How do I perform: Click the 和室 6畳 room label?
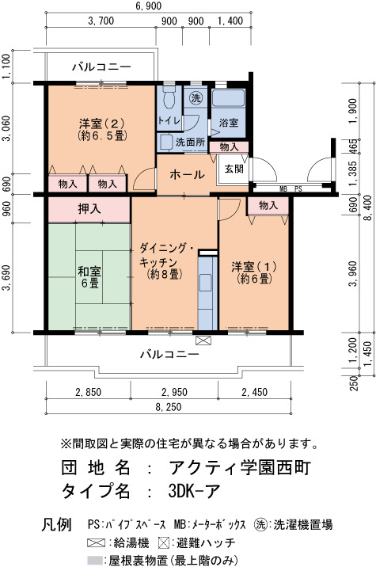[89, 277]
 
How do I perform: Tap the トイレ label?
[169, 120]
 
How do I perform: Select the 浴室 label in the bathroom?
[229, 123]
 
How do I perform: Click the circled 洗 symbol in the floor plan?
[196, 97]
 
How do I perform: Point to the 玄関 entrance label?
[234, 169]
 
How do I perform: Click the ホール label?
[187, 175]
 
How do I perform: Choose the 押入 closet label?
[89, 209]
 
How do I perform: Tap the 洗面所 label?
[190, 142]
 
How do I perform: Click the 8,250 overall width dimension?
[169, 407]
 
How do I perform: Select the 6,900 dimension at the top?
[149, 6]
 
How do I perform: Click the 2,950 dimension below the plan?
[174, 392]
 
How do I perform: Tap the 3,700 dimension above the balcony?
[101, 21]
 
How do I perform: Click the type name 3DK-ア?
[194, 491]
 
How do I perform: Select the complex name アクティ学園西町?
[240, 467]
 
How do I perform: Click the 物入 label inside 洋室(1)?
[268, 205]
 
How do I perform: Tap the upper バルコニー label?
[101, 67]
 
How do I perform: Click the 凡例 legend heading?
[56, 524]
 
